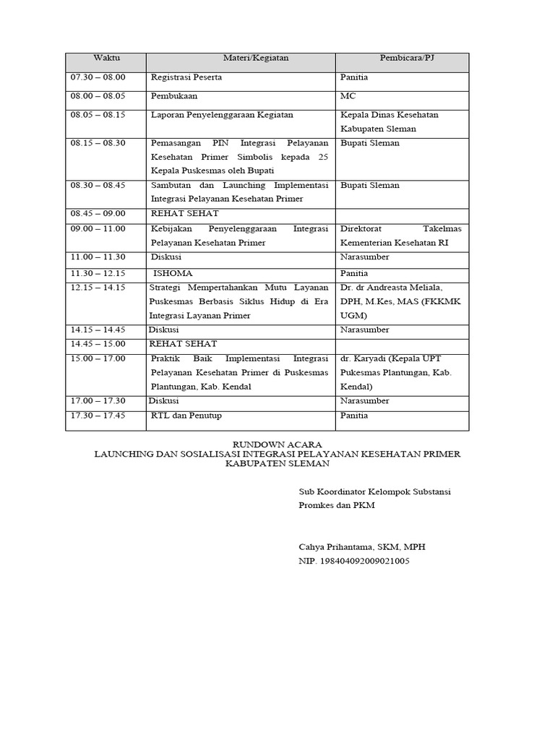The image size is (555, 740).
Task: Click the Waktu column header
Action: click(106, 58)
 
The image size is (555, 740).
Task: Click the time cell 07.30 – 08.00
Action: click(98, 77)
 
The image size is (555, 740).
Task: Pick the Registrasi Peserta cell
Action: click(186, 77)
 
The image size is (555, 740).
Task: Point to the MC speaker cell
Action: click(348, 95)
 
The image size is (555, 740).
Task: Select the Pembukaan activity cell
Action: click(174, 95)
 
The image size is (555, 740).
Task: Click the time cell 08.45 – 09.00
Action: click(98, 213)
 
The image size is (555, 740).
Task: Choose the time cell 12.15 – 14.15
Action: click(98, 287)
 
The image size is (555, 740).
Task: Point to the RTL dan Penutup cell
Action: click(186, 416)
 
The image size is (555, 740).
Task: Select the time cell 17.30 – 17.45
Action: click(98, 416)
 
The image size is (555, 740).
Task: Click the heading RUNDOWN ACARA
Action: click(277, 444)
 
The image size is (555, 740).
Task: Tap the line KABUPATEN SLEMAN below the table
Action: click(277, 463)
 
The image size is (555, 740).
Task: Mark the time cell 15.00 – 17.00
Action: click(98, 358)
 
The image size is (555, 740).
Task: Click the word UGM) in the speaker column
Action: click(353, 316)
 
